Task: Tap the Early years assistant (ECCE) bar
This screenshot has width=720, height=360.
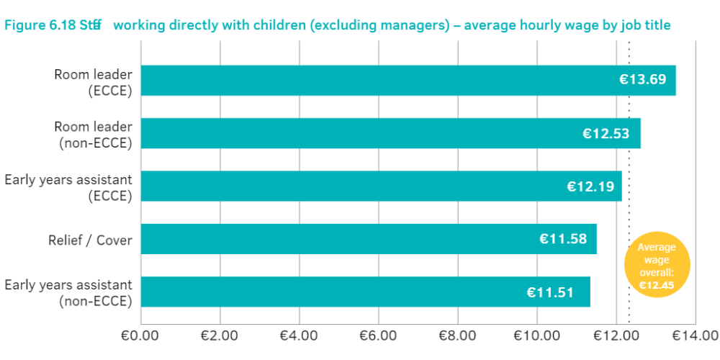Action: tap(381, 186)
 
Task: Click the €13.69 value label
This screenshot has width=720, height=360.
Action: tap(643, 80)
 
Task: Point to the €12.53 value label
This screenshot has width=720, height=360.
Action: tap(606, 133)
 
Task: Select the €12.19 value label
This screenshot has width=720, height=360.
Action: tap(590, 186)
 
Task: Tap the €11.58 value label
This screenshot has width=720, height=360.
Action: tap(563, 239)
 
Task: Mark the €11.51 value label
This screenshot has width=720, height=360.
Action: tap(550, 292)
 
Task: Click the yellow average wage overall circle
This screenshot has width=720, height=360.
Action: tap(657, 266)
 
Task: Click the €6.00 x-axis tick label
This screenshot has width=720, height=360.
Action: tap(377, 335)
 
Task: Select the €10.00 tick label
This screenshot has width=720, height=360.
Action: tap(536, 335)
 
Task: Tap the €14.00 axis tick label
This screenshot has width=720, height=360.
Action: tap(694, 335)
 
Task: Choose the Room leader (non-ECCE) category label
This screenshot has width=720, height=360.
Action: tap(93, 134)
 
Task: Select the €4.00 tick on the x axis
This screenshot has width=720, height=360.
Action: tap(298, 335)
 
